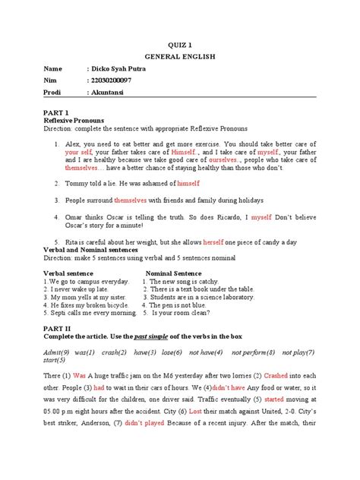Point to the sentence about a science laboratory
[201, 298]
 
